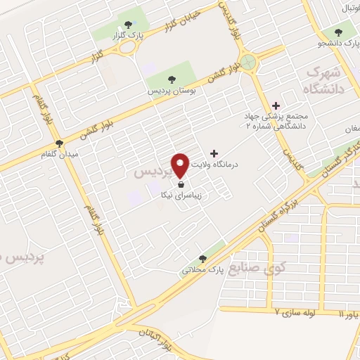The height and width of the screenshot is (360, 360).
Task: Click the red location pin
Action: pos(181,164)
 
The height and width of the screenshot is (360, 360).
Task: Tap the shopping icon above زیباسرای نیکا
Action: pos(181,186)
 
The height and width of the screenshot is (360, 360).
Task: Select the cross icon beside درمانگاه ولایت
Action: pos(214,153)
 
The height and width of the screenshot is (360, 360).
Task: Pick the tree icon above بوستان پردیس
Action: pos(172,79)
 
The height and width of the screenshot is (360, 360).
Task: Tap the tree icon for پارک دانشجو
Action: pos(340,32)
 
